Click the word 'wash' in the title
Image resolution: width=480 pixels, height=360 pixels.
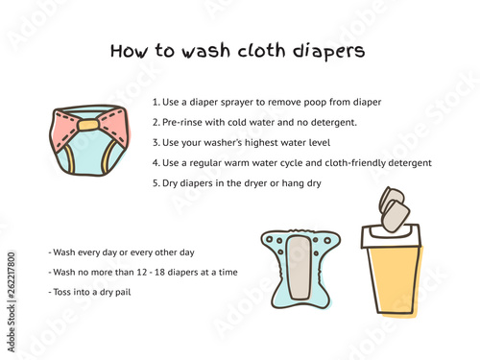206,51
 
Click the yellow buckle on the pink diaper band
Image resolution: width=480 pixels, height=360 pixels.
88,125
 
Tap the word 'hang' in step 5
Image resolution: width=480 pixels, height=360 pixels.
293,183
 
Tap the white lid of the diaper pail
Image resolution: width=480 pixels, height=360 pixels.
391,237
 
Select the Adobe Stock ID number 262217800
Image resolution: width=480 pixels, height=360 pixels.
12,276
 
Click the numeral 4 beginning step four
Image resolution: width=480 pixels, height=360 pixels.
156,163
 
